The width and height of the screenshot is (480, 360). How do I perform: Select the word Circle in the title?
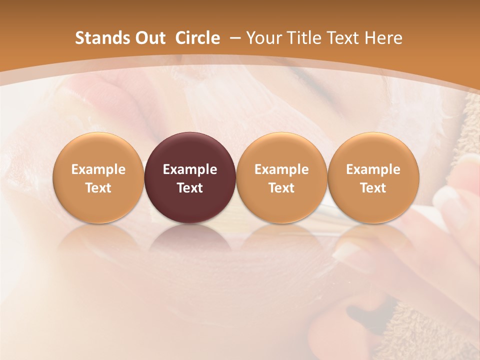click(197, 38)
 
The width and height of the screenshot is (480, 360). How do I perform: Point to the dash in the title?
click(233, 38)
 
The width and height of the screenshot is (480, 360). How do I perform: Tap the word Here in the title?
click(384, 38)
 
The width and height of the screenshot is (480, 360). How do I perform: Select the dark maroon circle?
click(190, 177)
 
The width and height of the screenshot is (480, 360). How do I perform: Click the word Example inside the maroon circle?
click(190, 169)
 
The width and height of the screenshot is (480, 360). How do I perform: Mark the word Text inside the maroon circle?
click(190, 188)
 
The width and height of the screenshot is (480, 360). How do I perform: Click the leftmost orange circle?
click(98, 177)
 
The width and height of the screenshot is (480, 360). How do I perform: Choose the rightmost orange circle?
click(373, 177)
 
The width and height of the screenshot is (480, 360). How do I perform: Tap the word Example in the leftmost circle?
click(98, 169)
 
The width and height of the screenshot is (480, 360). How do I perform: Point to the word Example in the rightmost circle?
click(373, 169)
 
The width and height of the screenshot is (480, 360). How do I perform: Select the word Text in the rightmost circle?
click(373, 188)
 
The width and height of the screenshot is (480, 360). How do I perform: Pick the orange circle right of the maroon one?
click(281, 177)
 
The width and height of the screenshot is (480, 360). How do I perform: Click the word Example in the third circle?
click(281, 169)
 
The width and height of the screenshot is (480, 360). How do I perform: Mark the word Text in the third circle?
click(281, 188)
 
